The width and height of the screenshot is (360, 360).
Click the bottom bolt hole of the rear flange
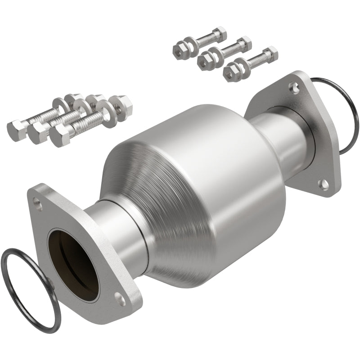pyautogui.click(x=322, y=183)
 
